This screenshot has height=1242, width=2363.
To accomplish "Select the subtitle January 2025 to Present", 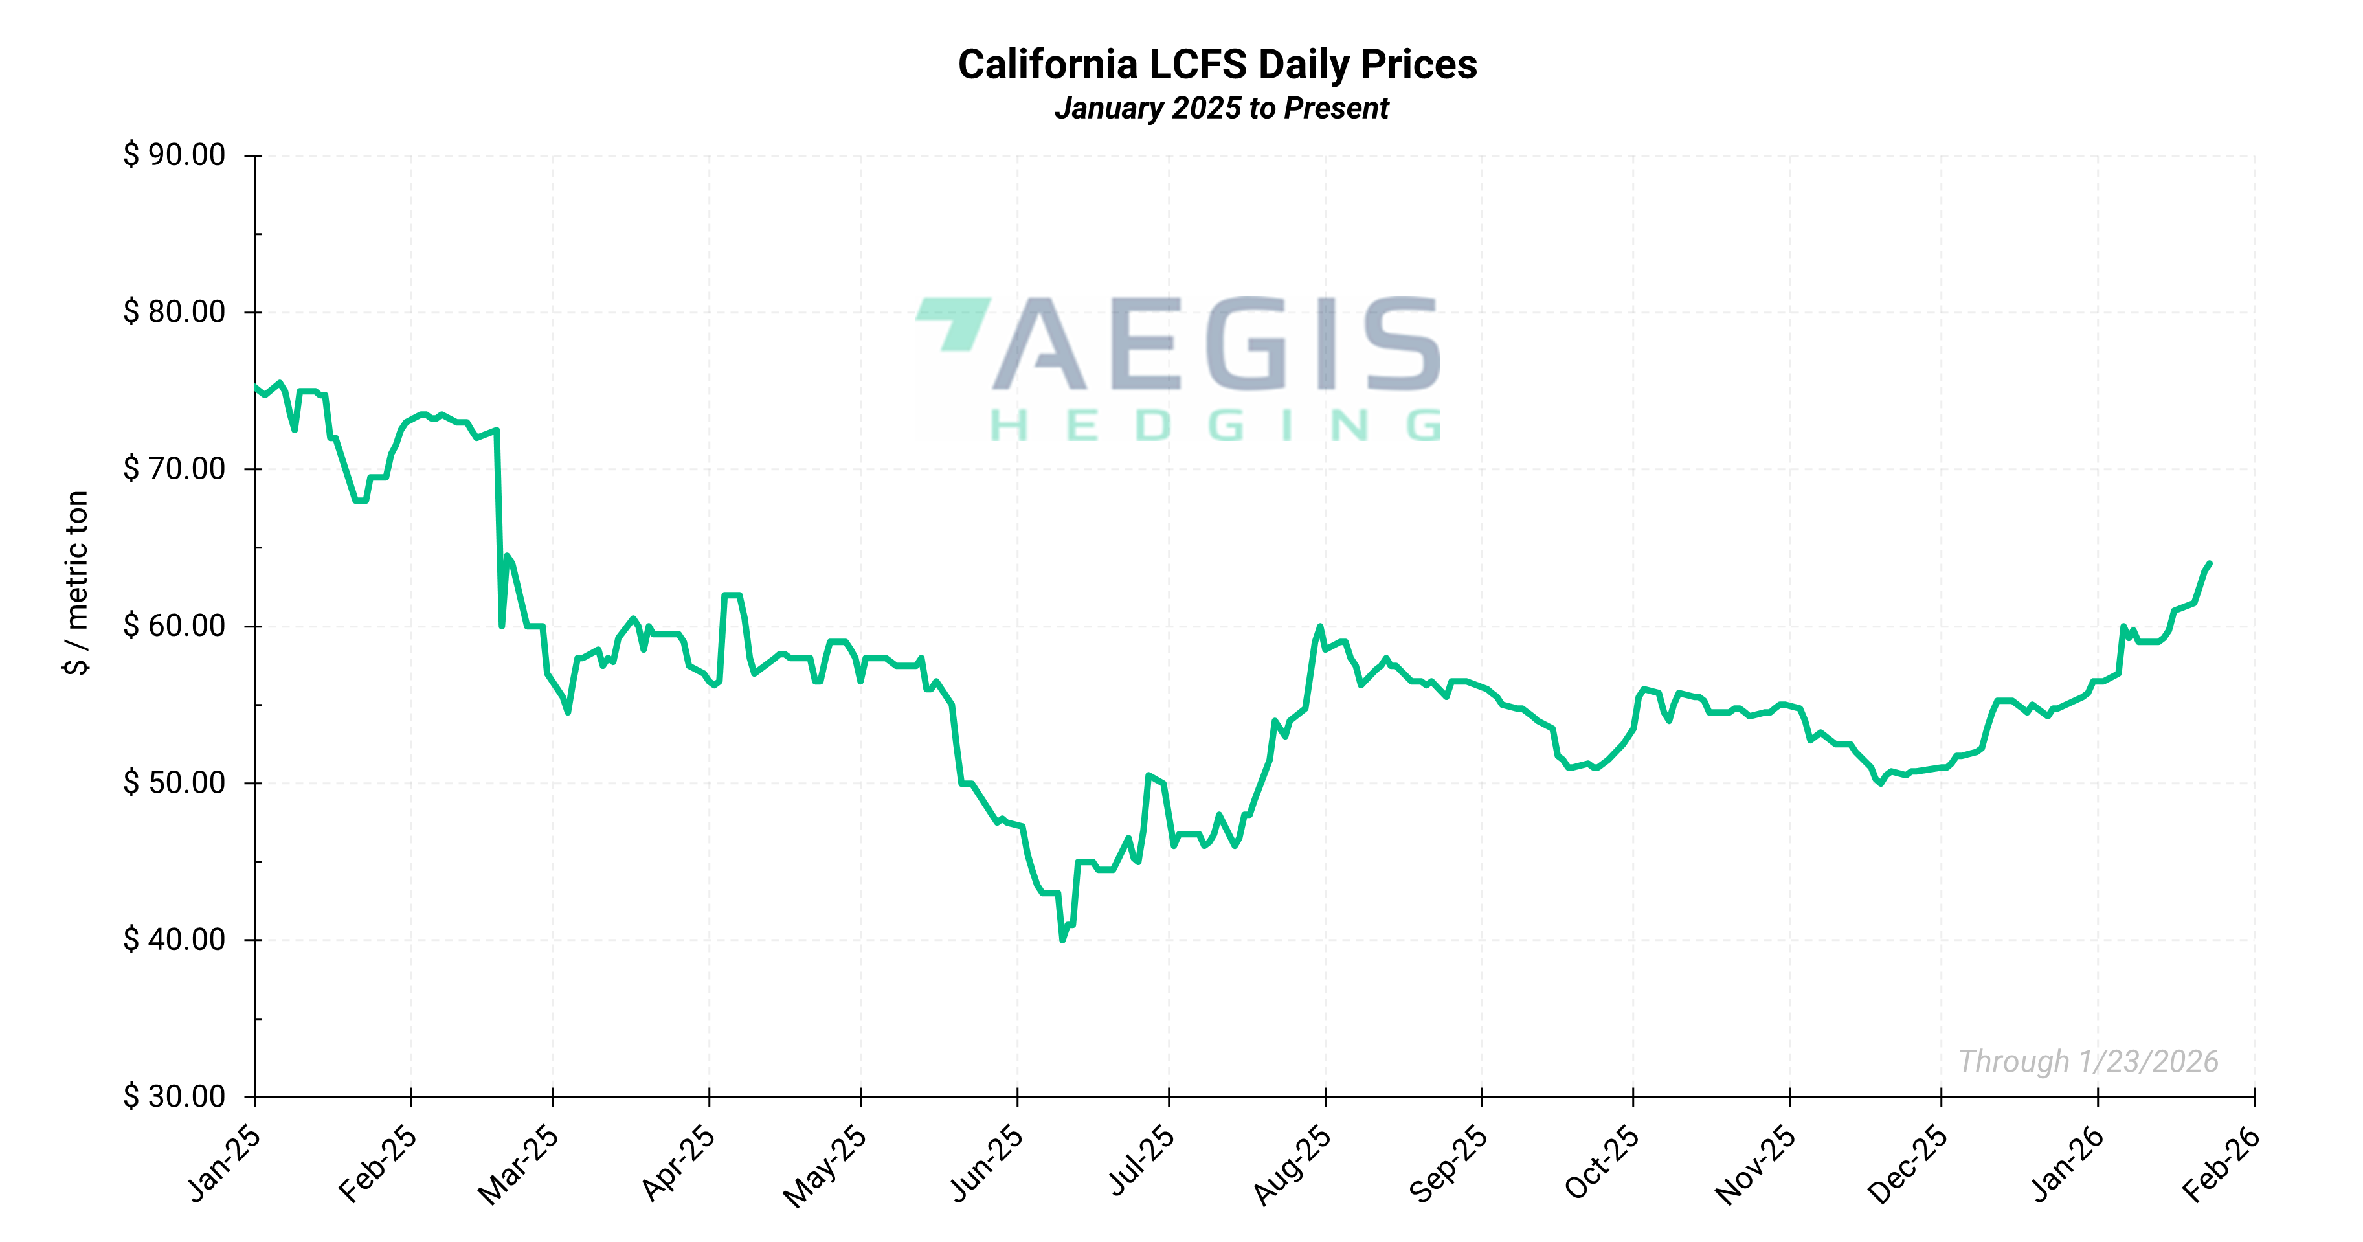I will coord(1221,108).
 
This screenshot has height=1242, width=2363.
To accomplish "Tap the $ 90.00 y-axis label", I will coord(174,155).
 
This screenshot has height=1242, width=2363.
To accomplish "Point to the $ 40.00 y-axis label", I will coord(174,940).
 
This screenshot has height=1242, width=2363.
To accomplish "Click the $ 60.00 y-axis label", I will coord(174,626).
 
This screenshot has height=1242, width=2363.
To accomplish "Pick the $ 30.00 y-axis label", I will coord(174,1096).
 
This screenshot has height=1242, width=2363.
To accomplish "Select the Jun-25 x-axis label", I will coord(986,1163).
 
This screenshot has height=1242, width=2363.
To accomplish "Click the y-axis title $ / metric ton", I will coord(77,583).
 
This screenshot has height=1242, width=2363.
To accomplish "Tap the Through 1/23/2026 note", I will coord(2088,1061).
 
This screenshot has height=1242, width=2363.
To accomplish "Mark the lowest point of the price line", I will coord(1062,940).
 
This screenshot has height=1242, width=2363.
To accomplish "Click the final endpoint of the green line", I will coord(2209,563).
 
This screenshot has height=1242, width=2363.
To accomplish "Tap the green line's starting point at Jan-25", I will coord(256,387).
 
